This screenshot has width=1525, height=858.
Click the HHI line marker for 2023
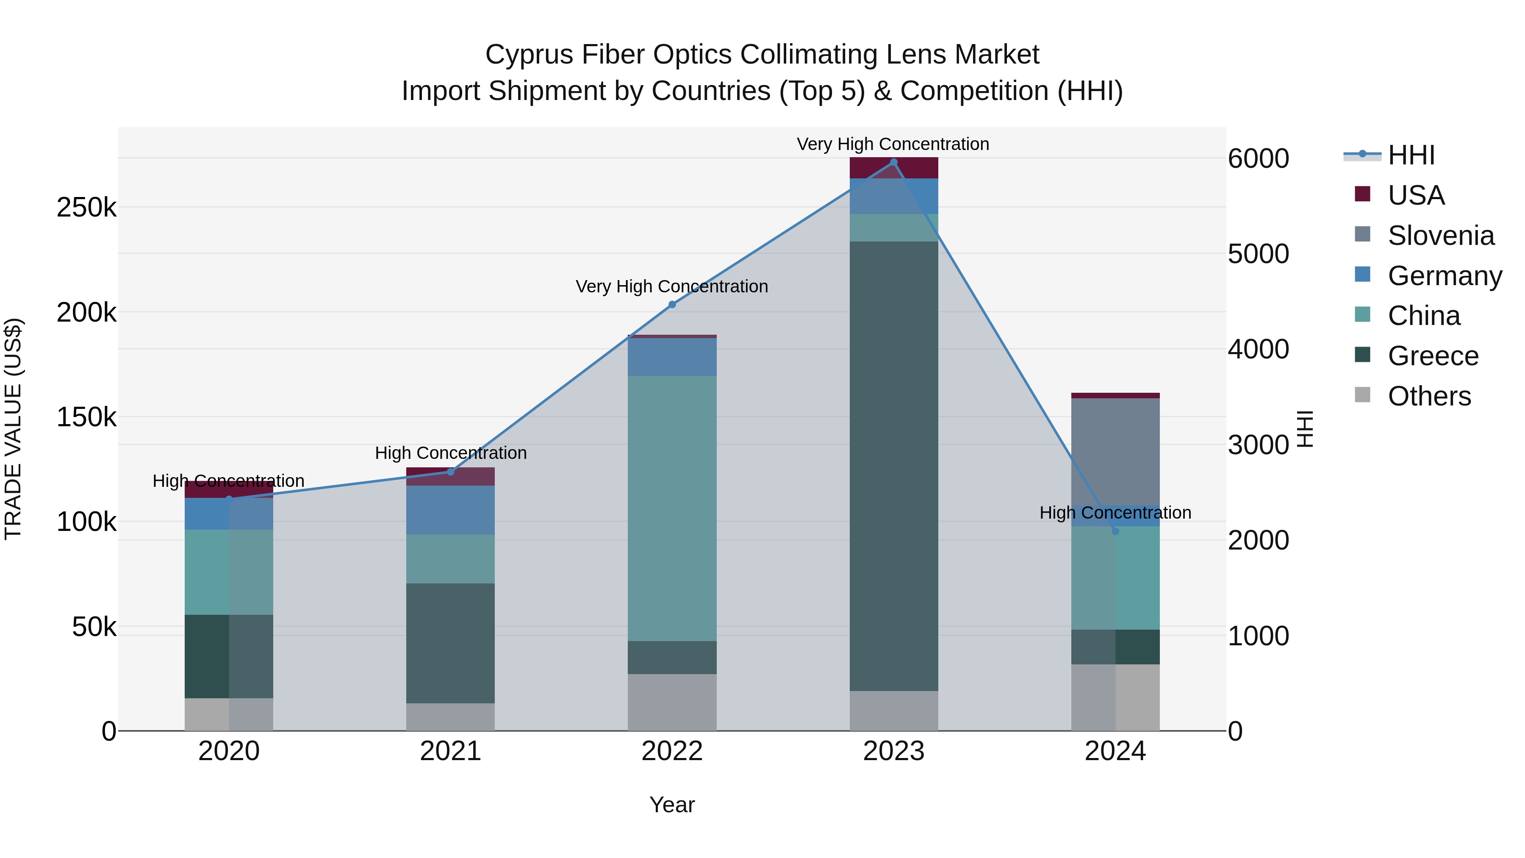(893, 162)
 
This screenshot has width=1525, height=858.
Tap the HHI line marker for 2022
(672, 304)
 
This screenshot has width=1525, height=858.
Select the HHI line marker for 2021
(451, 472)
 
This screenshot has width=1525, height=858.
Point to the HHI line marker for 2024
(1115, 531)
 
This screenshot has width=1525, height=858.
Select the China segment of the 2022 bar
(672, 508)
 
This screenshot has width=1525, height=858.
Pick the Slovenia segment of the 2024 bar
(1115, 452)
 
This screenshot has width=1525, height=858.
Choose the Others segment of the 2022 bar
(672, 702)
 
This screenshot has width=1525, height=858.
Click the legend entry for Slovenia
(1440, 236)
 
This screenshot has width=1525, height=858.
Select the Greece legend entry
(1432, 356)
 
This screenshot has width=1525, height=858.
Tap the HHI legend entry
(1410, 155)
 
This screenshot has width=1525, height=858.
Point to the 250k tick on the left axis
(86, 208)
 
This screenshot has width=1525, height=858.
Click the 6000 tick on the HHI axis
(1258, 159)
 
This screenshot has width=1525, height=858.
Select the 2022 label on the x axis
(672, 751)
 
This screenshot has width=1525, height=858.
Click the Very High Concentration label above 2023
(893, 144)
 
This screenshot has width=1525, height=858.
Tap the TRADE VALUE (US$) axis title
(13, 429)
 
